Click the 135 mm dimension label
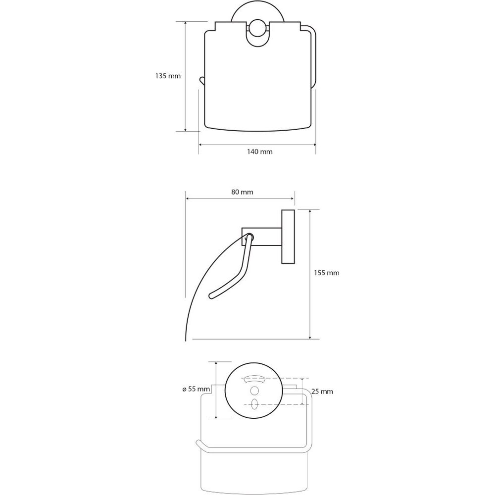tap(168, 76)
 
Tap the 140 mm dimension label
tap(259, 151)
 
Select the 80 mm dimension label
tap(242, 192)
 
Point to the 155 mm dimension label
tap(326, 273)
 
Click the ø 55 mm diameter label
tap(196, 389)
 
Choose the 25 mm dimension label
tap(322, 392)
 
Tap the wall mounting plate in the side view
tap(288, 237)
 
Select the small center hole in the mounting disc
tap(254, 391)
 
